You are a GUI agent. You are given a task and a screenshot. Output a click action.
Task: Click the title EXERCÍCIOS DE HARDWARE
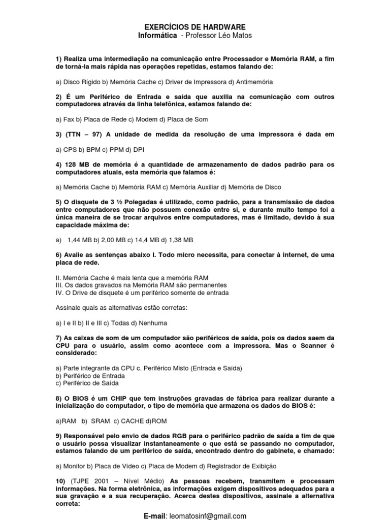click(x=195, y=27)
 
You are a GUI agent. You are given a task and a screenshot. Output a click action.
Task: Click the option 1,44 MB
click(x=78, y=240)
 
